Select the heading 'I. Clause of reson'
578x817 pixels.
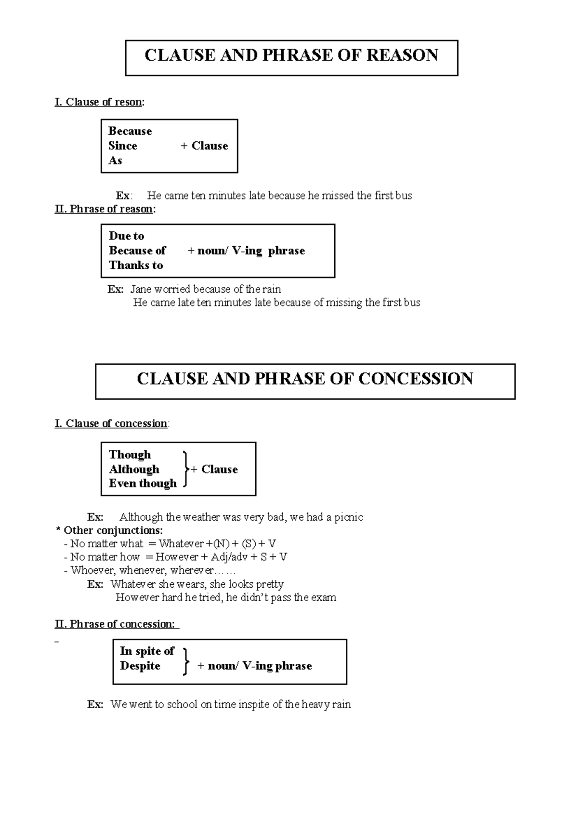[x=99, y=102]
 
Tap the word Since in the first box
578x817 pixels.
[x=123, y=145]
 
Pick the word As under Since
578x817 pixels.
[x=115, y=160]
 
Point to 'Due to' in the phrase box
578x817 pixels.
[x=126, y=236]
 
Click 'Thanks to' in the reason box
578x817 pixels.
[x=136, y=265]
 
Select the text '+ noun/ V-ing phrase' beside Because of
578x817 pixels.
[x=246, y=250]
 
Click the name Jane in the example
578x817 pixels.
[x=141, y=290]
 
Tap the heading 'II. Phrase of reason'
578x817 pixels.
[x=105, y=209]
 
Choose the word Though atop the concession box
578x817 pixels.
[x=130, y=455]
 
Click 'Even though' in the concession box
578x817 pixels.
[x=143, y=483]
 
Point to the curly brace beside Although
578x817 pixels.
[x=185, y=469]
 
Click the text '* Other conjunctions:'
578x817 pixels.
[x=110, y=530]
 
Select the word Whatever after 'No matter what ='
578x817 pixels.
[x=181, y=544]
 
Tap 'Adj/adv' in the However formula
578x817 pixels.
[x=229, y=557]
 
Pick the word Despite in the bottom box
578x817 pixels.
[x=140, y=666]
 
